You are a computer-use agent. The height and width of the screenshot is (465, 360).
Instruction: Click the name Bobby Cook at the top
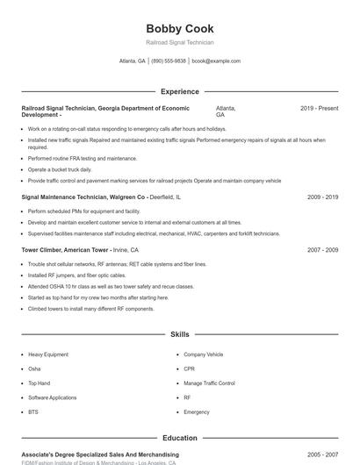tap(179, 29)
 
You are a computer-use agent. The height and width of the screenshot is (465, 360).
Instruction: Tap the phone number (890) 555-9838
tap(169, 61)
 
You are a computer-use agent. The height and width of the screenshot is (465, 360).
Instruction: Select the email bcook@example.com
tap(216, 61)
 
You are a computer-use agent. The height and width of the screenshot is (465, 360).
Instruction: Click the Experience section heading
tap(179, 91)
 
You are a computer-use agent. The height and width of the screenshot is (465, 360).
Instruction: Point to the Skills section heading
tap(179, 334)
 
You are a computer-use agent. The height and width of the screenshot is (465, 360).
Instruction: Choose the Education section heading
tap(179, 438)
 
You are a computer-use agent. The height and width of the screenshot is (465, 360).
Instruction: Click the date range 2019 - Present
tap(319, 108)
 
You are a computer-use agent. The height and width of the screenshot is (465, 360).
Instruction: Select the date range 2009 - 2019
tap(322, 197)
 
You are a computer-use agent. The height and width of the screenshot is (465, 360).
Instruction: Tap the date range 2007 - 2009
tap(322, 250)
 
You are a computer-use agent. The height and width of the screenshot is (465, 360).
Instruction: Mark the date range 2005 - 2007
tap(322, 454)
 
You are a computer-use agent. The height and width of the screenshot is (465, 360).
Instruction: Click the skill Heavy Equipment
tap(47, 354)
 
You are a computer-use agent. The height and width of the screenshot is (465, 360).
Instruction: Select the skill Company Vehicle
tap(203, 354)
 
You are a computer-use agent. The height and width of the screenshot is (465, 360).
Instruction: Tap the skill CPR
tap(189, 369)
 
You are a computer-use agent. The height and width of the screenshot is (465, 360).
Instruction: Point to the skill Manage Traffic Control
tap(209, 383)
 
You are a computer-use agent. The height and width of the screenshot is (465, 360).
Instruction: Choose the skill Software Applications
tap(52, 397)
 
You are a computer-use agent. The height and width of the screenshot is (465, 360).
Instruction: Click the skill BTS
tap(33, 411)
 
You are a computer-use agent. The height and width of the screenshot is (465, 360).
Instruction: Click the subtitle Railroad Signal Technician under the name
tap(179, 42)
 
